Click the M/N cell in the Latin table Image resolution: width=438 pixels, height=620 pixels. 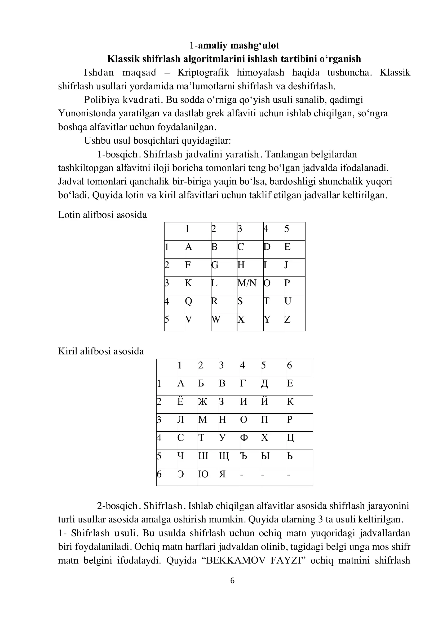[247, 283]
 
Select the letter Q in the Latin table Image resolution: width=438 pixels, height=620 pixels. [189, 301]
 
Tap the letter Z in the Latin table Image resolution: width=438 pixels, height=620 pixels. [287, 319]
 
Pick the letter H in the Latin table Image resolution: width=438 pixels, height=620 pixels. [241, 265]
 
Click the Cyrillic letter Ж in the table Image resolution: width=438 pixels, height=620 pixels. [203, 402]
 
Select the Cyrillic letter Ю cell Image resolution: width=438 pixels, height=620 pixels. [203, 474]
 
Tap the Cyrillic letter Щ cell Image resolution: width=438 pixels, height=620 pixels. [224, 456]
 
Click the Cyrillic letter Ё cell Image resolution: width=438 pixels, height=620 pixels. [180, 402]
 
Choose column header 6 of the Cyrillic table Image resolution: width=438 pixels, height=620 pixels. [289, 365]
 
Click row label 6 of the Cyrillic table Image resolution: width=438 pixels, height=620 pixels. [159, 474]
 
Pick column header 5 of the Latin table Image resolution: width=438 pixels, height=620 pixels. [287, 229]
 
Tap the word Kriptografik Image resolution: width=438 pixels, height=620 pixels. [203, 73]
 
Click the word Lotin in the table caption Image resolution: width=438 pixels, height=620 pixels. [69, 215]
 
